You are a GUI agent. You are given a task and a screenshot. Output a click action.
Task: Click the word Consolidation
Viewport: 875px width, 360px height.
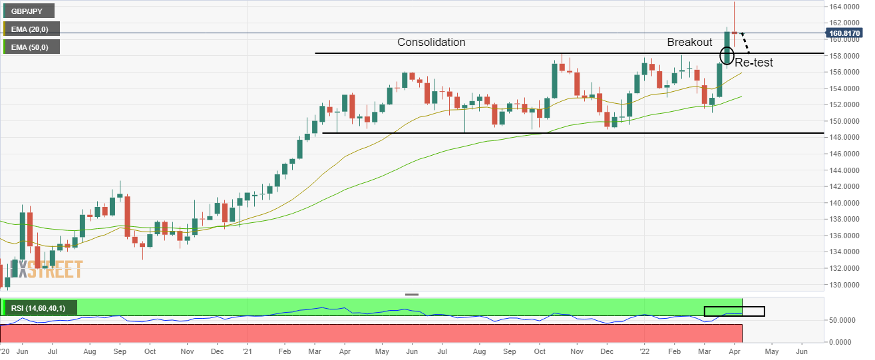coord(431,42)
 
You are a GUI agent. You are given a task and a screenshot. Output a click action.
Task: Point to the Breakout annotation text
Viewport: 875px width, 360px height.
coord(689,42)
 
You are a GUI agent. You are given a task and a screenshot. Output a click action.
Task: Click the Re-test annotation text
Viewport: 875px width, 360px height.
coord(753,63)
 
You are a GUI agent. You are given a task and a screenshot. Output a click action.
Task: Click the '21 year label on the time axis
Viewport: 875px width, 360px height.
coord(246,350)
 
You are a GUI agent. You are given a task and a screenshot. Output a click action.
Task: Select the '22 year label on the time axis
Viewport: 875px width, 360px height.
coord(644,350)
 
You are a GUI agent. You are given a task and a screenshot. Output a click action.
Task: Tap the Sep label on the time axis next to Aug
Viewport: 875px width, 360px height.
coord(120,350)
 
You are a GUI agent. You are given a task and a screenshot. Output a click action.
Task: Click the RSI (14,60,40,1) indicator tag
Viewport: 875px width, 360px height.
coord(40,307)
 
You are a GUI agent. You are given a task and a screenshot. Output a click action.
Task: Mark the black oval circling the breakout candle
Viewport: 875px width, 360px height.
coord(727,56)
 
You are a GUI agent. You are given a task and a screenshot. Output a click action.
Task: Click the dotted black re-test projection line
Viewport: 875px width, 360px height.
coord(745,43)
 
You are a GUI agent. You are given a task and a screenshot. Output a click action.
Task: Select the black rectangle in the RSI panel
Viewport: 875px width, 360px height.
coord(734,311)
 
